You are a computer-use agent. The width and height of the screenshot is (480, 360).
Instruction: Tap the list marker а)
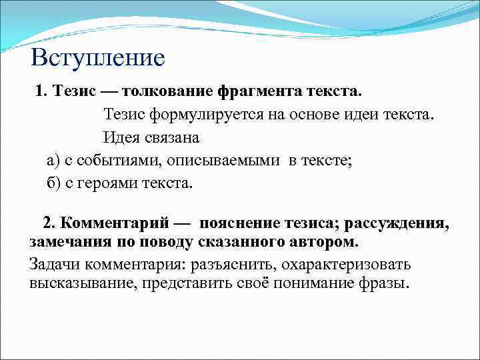53,161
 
